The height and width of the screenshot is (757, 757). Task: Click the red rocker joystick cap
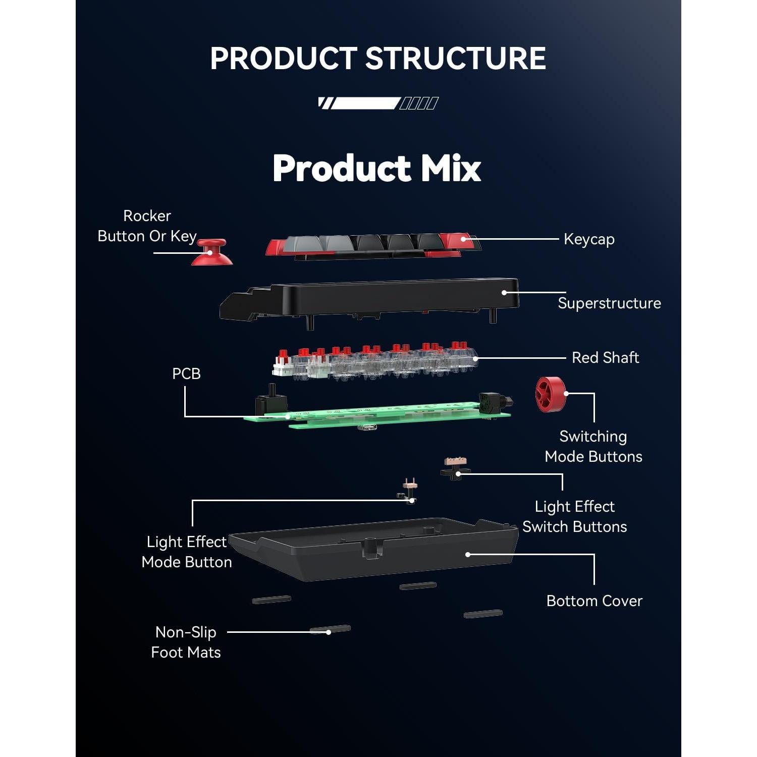pyautogui.click(x=211, y=252)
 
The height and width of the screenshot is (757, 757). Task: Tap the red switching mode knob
pyautogui.click(x=550, y=394)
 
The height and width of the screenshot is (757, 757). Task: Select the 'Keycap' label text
pyautogui.click(x=589, y=239)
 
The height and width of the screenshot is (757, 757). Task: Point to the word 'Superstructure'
pyautogui.click(x=609, y=303)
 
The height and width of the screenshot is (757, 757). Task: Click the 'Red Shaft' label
pyautogui.click(x=605, y=358)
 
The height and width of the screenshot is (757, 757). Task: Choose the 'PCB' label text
pyautogui.click(x=186, y=374)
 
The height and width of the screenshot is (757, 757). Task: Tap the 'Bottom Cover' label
pyautogui.click(x=594, y=601)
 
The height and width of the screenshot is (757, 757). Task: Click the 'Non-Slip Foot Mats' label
pyautogui.click(x=186, y=642)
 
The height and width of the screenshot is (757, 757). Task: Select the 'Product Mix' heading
pyautogui.click(x=377, y=168)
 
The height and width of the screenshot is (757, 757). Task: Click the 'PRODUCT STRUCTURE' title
pyautogui.click(x=378, y=58)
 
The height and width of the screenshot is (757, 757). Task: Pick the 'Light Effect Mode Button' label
pyautogui.click(x=187, y=552)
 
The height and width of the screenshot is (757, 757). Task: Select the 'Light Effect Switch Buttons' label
pyautogui.click(x=574, y=517)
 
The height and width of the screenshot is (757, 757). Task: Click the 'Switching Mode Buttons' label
pyautogui.click(x=593, y=447)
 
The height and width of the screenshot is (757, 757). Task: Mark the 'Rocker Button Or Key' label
pyautogui.click(x=147, y=226)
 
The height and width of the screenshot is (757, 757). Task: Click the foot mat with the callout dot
pyautogui.click(x=330, y=629)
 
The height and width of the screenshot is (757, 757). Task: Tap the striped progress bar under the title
pyautogui.click(x=378, y=103)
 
